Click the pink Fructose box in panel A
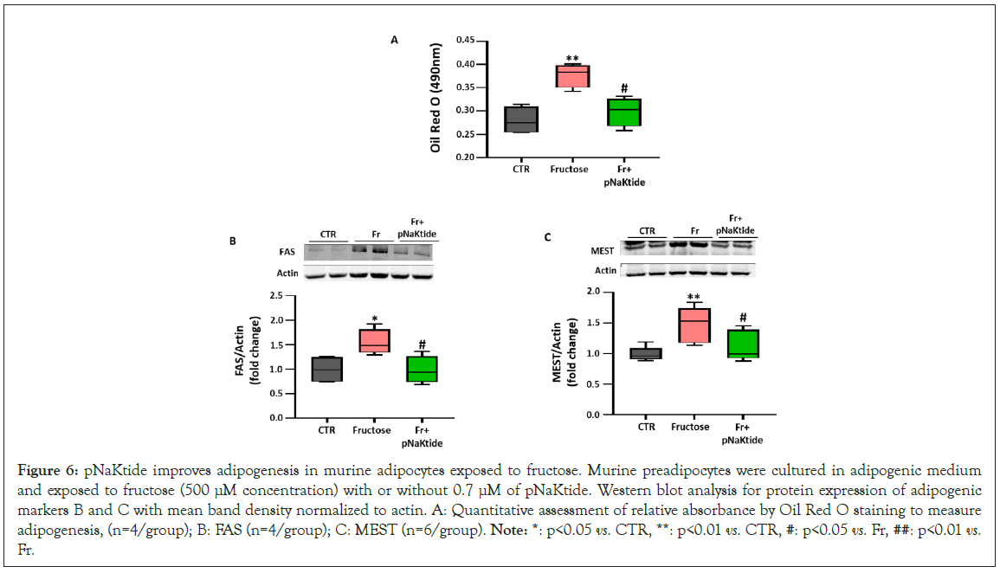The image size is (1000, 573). point(572,76)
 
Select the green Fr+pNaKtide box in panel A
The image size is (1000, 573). point(624,113)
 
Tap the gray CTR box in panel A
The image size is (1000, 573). point(521,119)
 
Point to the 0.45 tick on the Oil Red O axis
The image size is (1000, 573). point(466,41)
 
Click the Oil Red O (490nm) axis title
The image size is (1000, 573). point(438,100)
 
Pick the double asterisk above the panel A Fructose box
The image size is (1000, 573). point(572,59)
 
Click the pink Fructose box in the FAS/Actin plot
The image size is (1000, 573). point(376,340)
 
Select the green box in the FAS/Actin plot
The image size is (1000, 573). point(423,369)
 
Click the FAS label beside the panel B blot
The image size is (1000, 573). point(286,252)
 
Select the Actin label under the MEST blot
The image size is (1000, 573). point(606,270)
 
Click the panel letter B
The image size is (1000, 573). point(232,241)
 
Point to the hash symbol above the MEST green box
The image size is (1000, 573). point(740,318)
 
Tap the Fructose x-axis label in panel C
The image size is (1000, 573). point(690,427)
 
